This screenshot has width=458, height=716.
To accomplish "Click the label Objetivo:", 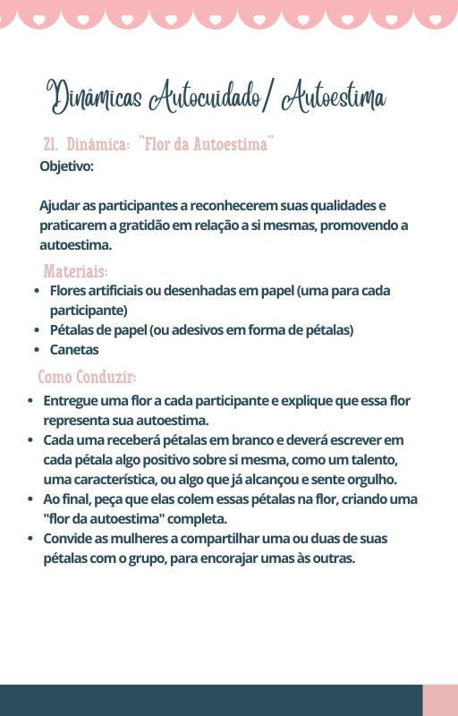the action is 66,166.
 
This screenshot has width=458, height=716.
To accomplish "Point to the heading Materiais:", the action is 75,271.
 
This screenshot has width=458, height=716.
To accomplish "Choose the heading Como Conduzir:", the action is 87,377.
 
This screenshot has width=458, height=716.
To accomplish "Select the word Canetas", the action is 74,350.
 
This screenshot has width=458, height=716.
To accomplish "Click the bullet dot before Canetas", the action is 37,350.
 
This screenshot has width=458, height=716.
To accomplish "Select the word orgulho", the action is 371,480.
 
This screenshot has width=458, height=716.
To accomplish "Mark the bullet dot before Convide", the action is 30,539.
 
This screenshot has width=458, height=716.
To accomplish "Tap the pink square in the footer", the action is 440,700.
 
